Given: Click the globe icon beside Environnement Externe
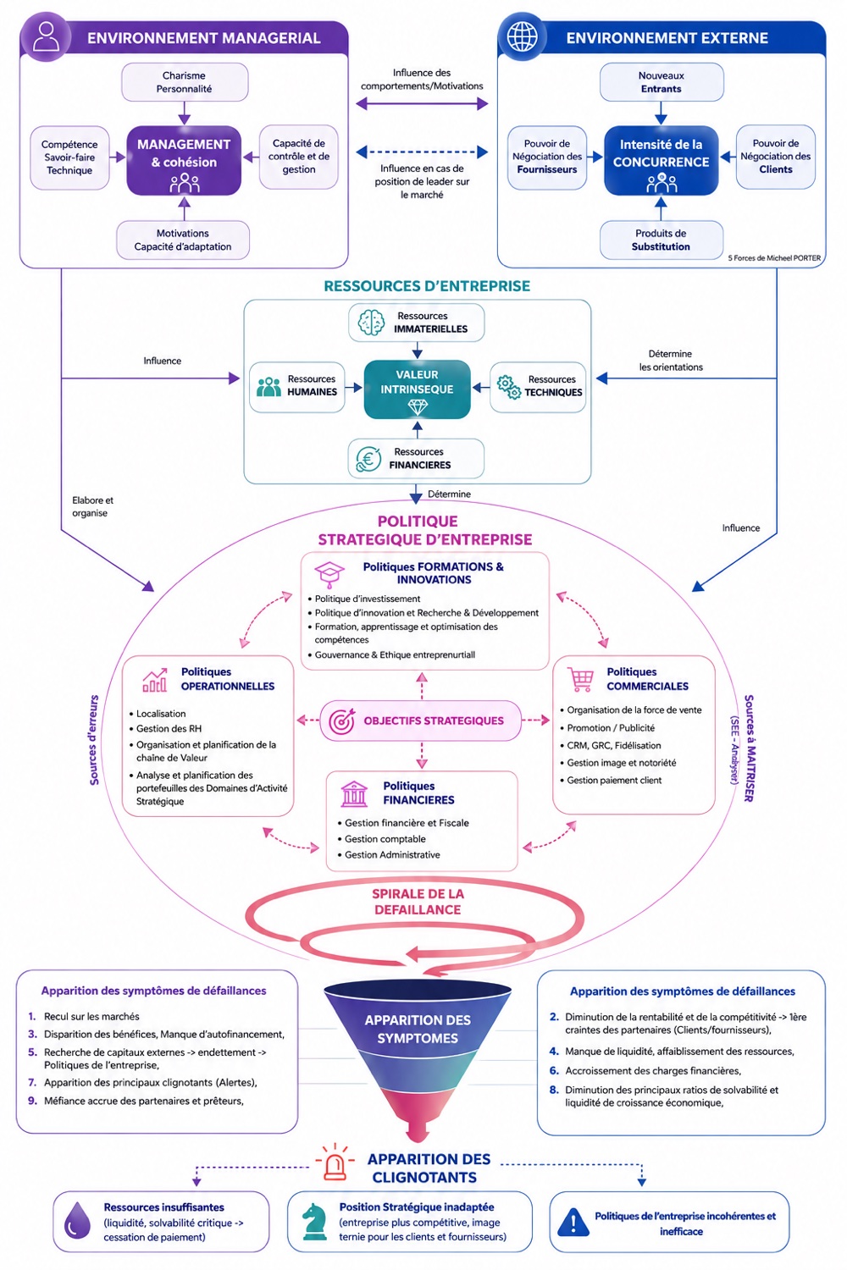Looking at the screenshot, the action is (522, 37).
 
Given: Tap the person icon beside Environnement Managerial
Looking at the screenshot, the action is (46, 36).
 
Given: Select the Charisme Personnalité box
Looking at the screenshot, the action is (185, 82).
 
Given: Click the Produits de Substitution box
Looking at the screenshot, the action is (661, 240).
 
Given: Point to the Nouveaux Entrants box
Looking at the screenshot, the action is (662, 82).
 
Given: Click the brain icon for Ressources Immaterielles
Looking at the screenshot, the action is (372, 323).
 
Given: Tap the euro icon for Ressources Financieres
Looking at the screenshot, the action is (368, 459).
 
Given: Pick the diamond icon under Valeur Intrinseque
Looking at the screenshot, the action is (418, 406).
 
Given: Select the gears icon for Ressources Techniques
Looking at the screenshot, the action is (508, 387).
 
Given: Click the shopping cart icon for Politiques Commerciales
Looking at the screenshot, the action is (581, 679).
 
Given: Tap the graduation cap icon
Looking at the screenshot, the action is (329, 574).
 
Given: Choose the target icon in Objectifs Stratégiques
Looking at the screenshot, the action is (342, 721).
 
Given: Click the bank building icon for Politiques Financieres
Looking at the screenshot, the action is (355, 793).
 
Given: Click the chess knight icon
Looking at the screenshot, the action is (314, 1223).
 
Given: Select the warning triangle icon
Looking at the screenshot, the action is (573, 1222).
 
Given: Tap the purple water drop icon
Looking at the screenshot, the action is (77, 1221).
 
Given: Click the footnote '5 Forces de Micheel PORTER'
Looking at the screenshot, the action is (774, 258).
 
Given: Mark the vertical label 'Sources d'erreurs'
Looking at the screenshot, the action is (94, 740).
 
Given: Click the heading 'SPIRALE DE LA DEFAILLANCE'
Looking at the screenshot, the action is (418, 902).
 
